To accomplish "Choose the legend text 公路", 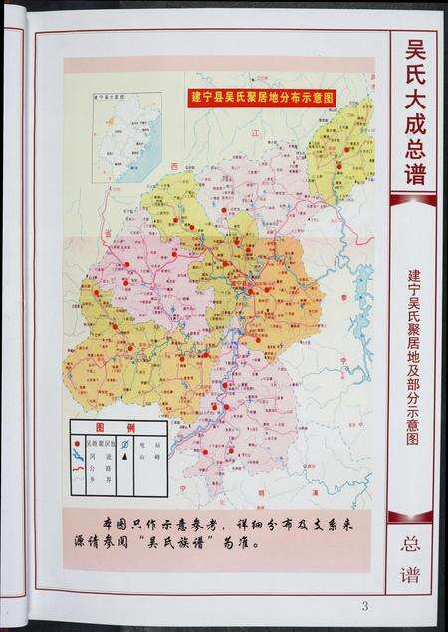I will point(96,463).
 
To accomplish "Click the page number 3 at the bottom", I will point(364,606).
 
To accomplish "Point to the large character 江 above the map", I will point(254,132).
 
